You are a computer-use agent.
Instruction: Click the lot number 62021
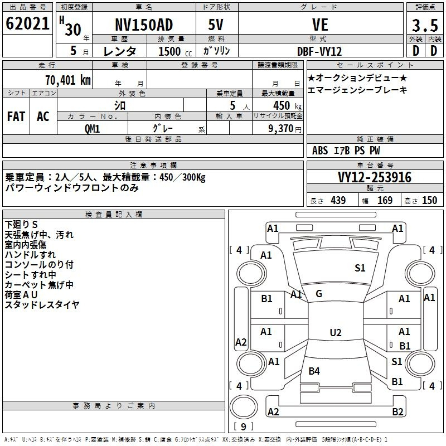[x=27, y=23]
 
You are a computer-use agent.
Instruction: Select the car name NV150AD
[x=144, y=25]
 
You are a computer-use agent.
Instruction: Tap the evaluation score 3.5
[x=425, y=25]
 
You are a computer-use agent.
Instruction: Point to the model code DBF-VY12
[x=319, y=51]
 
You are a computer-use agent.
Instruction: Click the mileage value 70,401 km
[x=68, y=80]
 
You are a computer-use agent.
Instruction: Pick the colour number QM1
[x=92, y=129]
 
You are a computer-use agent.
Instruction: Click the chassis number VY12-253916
[x=375, y=177]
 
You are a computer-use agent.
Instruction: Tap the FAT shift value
[x=16, y=117]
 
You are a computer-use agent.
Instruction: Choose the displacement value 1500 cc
[x=175, y=51]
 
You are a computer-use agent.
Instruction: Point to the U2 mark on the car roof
[x=336, y=332]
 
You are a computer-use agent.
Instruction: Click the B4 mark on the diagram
[x=314, y=371]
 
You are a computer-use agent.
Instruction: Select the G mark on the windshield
[x=319, y=294]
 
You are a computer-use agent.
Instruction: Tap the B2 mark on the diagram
[x=397, y=411]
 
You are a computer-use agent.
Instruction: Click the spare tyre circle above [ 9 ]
[x=244, y=407]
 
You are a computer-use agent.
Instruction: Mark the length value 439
[x=338, y=200]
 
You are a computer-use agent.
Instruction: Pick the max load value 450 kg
[x=287, y=105]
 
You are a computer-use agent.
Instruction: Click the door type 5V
[x=216, y=25]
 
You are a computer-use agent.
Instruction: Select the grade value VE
[x=320, y=25]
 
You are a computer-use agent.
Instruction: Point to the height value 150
[x=429, y=200]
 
